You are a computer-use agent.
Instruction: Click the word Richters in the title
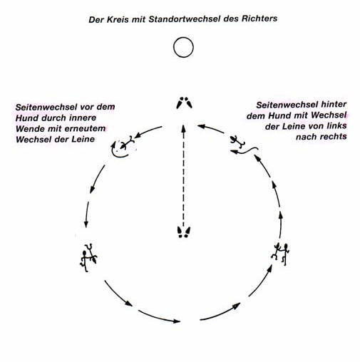tap(259, 19)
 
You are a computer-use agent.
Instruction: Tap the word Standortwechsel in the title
tap(185, 19)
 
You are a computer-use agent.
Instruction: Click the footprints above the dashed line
tap(184, 103)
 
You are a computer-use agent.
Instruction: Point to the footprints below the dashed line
tap(184, 232)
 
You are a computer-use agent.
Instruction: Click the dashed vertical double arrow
tap(183, 176)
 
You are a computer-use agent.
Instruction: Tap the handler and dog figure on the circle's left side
tap(88, 258)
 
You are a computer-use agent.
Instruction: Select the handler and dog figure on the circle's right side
tap(280, 254)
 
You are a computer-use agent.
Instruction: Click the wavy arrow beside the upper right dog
tap(245, 151)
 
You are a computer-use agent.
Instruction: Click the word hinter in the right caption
tap(334, 104)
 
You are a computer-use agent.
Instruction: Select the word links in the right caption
tap(336, 125)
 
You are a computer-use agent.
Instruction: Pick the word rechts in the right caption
tap(333, 137)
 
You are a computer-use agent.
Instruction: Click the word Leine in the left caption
tap(83, 139)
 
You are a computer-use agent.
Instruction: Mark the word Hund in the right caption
tap(279, 115)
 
